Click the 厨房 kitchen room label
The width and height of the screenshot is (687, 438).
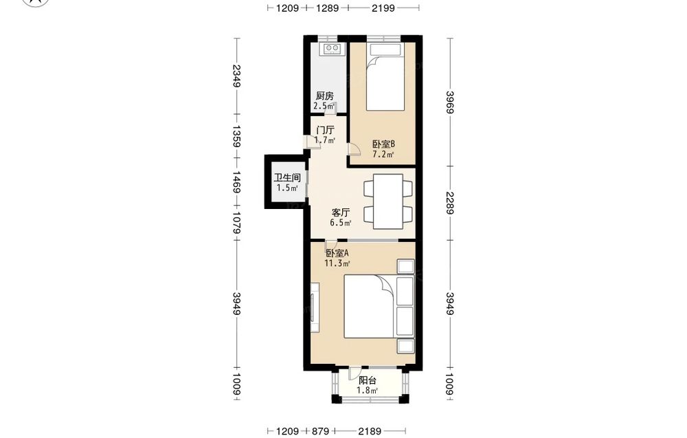[x=325, y=96]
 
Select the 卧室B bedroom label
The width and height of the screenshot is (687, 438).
[x=384, y=144]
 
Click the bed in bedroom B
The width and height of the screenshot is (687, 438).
[x=385, y=77]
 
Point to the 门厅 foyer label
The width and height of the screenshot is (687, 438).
[x=325, y=130]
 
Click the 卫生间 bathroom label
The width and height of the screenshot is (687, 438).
[x=287, y=177]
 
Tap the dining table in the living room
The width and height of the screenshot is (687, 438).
[x=387, y=201]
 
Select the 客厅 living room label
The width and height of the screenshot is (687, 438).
[x=341, y=212]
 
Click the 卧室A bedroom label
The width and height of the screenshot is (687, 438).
[x=337, y=253]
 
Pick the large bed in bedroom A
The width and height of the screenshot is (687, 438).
[x=370, y=306]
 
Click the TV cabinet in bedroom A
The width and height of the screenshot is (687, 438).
[x=315, y=308]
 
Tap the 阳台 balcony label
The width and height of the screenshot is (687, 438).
[x=367, y=380]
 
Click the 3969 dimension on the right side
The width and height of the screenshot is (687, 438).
[x=450, y=102]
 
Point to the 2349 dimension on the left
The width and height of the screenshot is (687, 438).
[x=236, y=76]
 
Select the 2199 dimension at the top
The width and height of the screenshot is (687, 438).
[x=383, y=8]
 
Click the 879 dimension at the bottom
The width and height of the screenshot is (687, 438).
[x=320, y=431]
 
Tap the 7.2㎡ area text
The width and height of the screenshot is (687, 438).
[x=383, y=154]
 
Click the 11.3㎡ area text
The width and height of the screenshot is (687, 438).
[x=337, y=263]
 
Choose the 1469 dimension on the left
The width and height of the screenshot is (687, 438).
[x=236, y=182]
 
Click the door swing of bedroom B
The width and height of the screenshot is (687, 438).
[x=354, y=149]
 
